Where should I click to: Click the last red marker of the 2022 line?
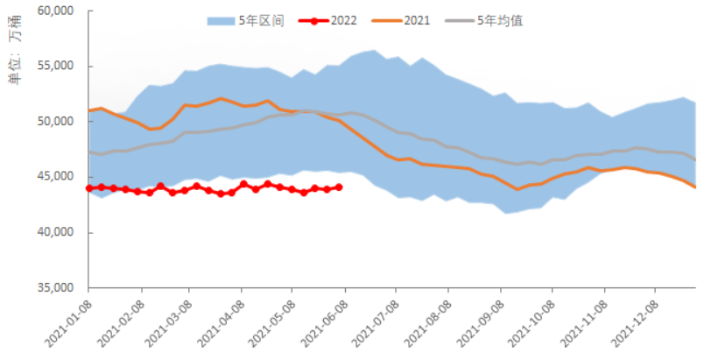click(x=339, y=187)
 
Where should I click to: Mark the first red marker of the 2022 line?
click(x=89, y=188)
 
